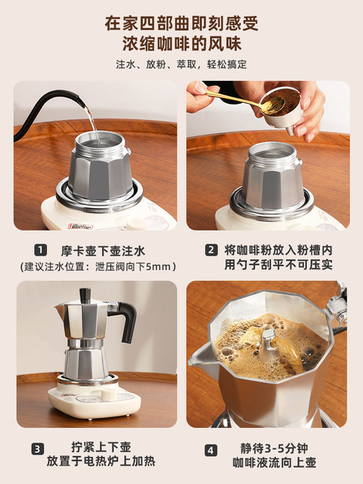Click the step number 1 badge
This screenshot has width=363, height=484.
click(38, 250)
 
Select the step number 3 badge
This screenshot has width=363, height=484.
click(38, 448)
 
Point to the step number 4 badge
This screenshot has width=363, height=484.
click(211, 448)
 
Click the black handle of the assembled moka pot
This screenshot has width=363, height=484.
click(126, 318)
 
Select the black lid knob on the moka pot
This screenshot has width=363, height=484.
click(85, 292)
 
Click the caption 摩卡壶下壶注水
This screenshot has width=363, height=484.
click(103, 250)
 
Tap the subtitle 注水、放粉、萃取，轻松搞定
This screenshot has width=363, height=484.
click(181, 65)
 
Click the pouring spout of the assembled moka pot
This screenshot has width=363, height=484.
click(59, 310)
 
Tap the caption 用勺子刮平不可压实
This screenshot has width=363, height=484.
click(278, 265)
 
